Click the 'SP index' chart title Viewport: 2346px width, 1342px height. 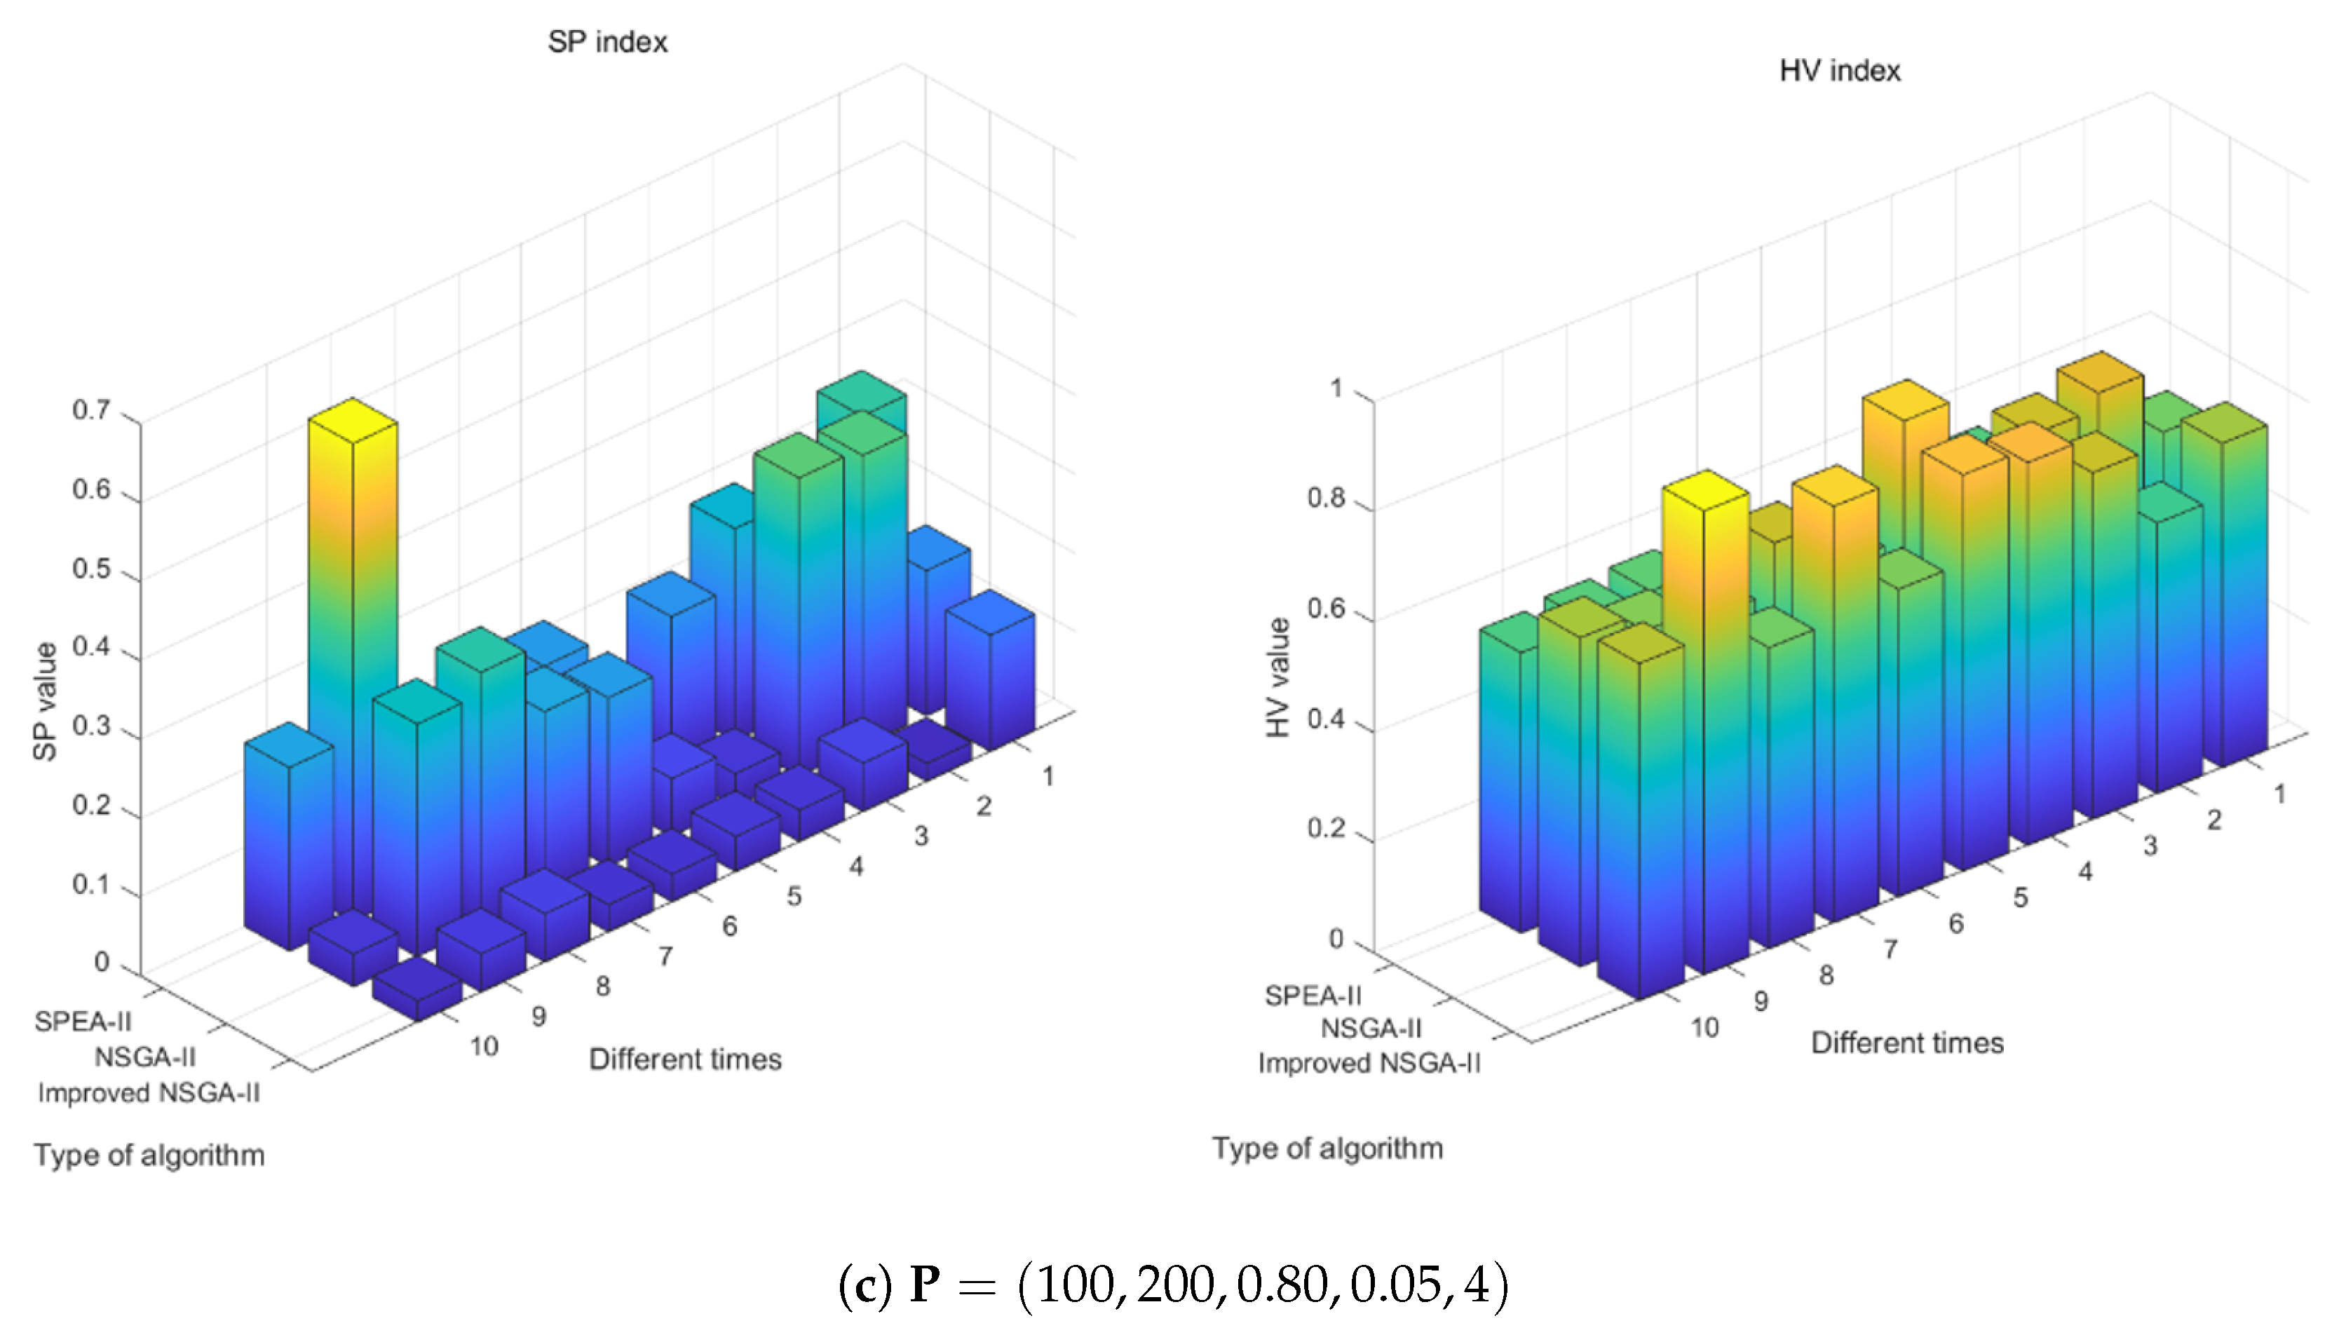tap(607, 41)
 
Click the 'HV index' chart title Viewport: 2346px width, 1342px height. tap(1839, 71)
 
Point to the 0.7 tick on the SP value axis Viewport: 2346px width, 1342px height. tap(92, 410)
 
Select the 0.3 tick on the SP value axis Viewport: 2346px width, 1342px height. tap(92, 726)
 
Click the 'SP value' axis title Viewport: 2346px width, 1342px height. tap(44, 700)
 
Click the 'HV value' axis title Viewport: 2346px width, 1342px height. tap(1277, 677)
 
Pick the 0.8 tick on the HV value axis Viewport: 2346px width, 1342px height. tap(1326, 499)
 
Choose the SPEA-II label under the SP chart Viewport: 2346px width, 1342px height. tap(83, 1022)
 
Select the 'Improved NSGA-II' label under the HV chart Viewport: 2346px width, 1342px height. tap(1369, 1063)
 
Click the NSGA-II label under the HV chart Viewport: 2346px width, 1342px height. tap(1371, 1028)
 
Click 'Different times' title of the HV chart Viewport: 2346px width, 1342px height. tap(1907, 1043)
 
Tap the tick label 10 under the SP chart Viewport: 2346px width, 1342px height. tap(484, 1046)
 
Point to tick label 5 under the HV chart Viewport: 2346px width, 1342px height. tap(2020, 897)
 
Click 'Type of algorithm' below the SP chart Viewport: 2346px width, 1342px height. tap(149, 1155)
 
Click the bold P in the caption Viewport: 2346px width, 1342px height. tap(925, 1284)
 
